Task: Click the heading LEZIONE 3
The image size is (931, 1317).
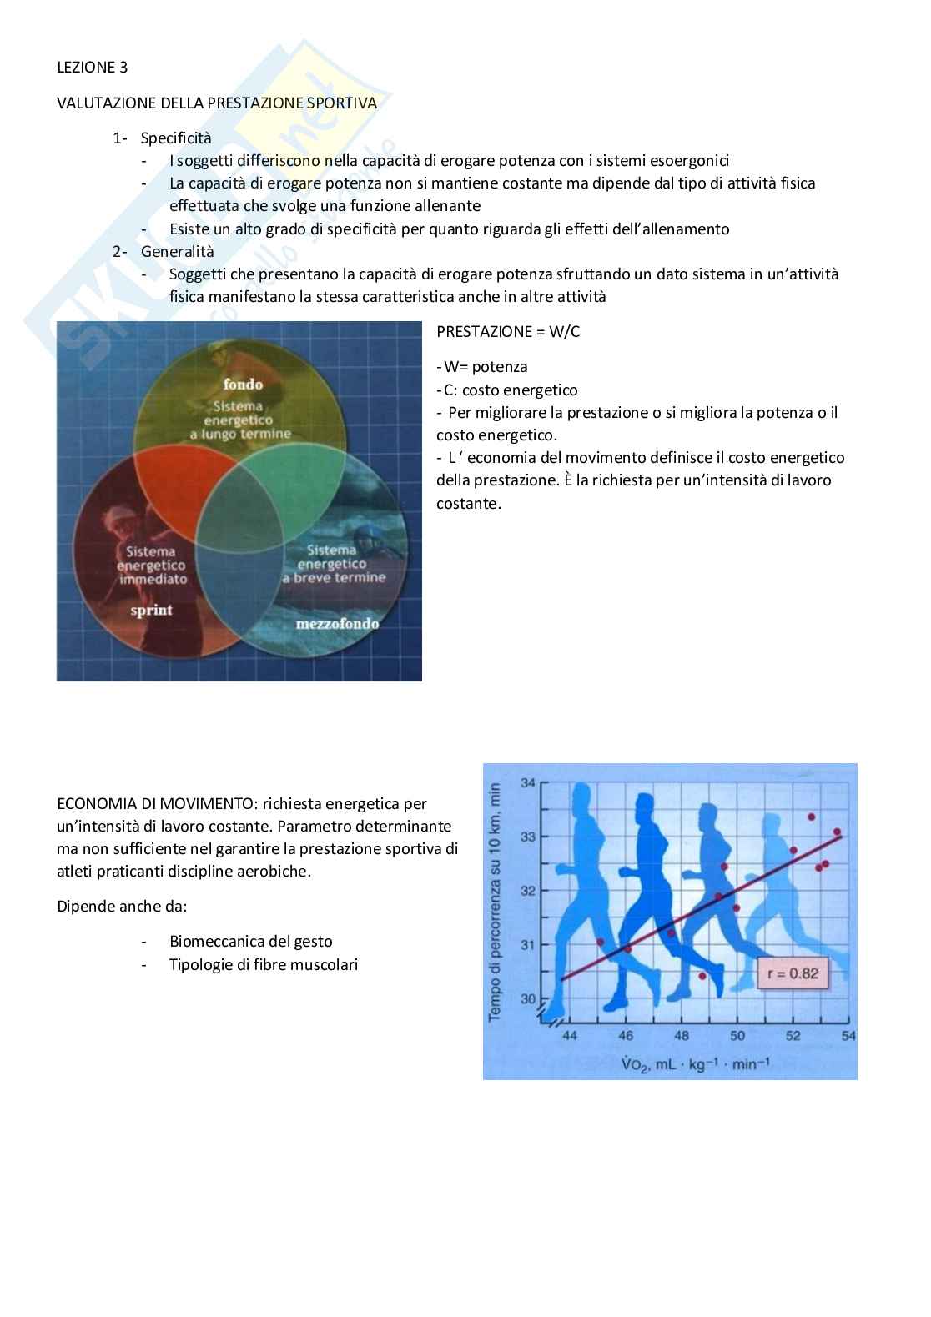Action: [92, 68]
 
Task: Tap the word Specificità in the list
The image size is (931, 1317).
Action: [176, 138]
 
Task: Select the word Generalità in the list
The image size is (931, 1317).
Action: [177, 251]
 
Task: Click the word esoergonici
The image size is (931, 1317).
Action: [689, 160]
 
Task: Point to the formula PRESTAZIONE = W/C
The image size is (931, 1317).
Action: [508, 331]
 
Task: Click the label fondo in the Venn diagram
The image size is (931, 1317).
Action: [243, 385]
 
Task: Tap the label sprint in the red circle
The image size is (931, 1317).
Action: [151, 610]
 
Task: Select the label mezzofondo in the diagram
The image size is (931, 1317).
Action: [337, 623]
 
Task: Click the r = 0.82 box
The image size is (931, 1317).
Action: [792, 973]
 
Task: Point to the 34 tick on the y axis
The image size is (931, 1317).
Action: [528, 782]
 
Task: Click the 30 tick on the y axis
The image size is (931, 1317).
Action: [528, 998]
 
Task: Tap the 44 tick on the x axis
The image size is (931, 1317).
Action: [570, 1036]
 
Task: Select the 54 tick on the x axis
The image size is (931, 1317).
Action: [848, 1036]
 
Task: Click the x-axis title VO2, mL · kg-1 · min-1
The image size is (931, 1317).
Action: [695, 1064]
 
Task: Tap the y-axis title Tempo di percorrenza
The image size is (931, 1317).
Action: [495, 901]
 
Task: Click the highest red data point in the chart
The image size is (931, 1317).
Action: [811, 817]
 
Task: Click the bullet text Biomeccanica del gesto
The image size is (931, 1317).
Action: [250, 941]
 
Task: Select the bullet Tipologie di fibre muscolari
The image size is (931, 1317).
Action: [263, 964]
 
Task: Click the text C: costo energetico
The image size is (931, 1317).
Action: [509, 390]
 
